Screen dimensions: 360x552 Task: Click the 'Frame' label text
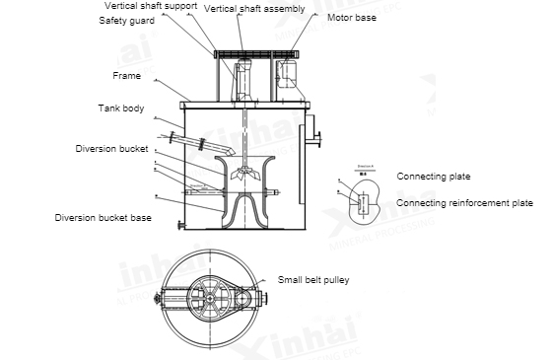tap(126, 75)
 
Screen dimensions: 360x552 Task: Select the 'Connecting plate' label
tap(434, 176)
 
